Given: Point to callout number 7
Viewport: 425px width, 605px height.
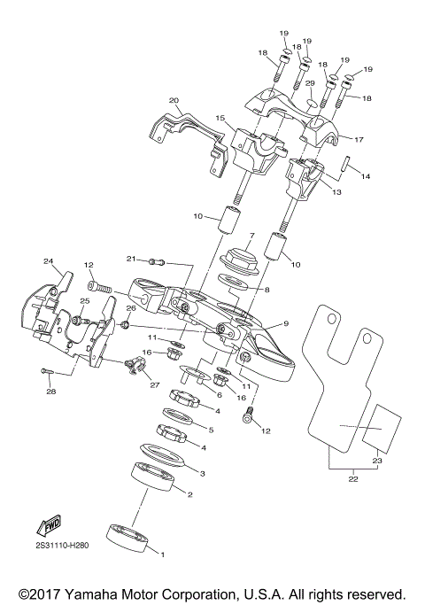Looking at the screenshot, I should pos(251,237).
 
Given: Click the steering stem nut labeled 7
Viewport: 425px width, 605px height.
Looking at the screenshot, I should pos(239,260).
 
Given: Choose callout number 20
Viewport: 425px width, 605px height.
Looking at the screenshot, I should pos(174,100).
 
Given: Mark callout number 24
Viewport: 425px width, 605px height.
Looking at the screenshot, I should pos(48,261).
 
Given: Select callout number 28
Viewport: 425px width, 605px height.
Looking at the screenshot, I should pos(50,391).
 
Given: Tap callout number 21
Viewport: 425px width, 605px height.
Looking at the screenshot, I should pos(130,259).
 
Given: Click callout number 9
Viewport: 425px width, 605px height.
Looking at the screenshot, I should pos(285,323).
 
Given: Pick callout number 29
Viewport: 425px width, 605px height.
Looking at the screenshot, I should pos(310,83).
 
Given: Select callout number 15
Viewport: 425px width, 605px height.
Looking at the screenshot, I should pos(219,118).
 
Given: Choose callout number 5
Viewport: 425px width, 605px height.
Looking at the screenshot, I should pos(210,430).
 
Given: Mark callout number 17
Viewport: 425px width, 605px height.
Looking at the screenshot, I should pos(359,139).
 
